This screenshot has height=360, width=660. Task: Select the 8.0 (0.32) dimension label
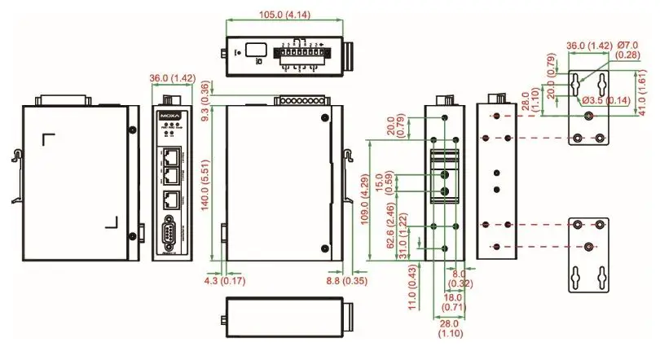[x=460, y=279]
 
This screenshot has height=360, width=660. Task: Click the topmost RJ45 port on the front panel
[x=169, y=155]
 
